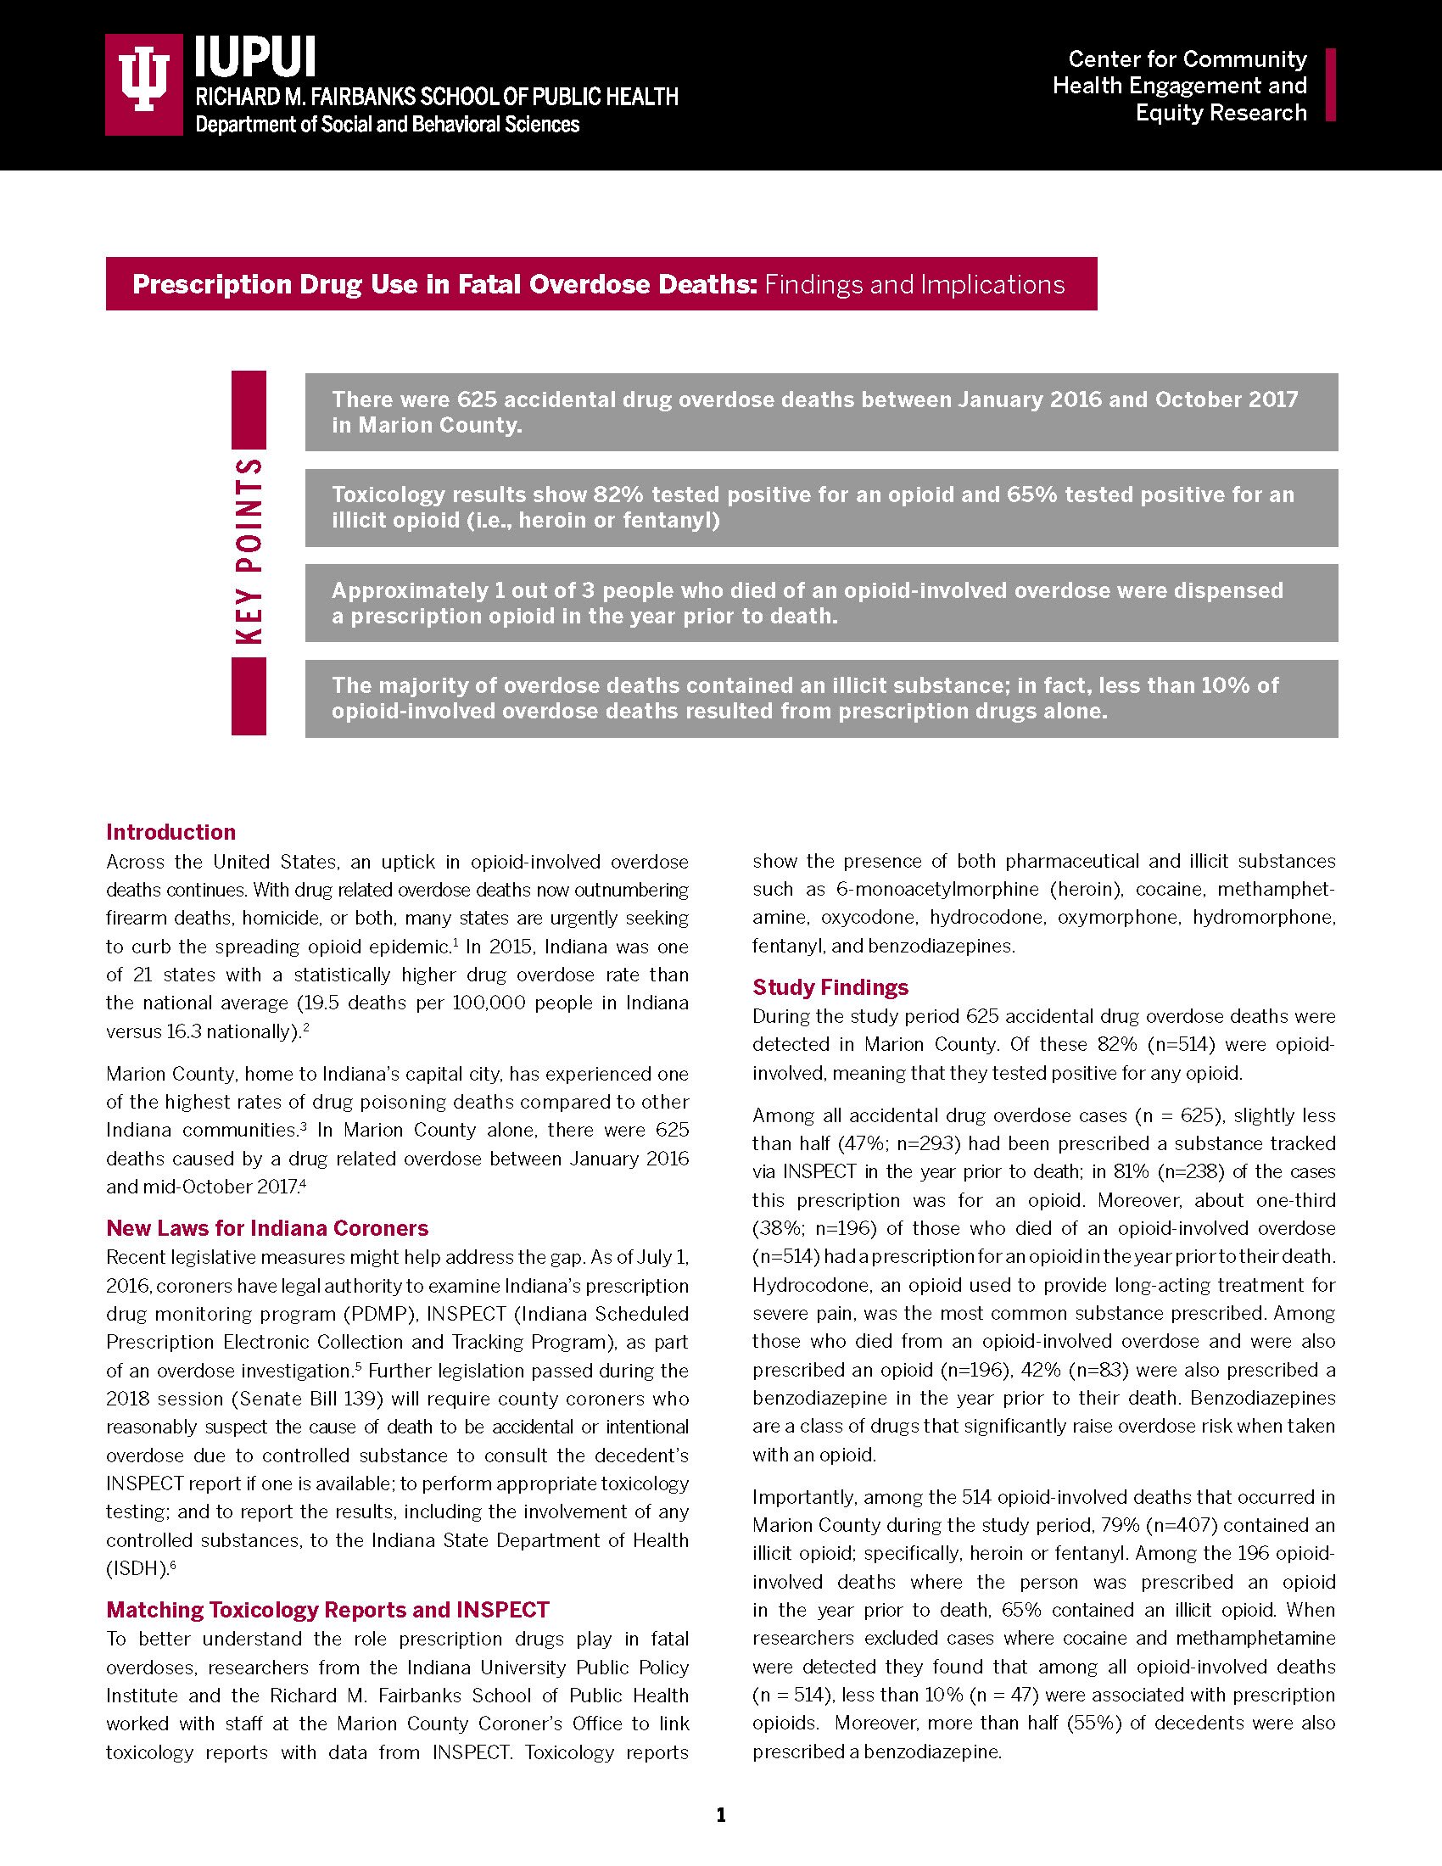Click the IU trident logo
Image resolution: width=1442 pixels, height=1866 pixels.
click(143, 85)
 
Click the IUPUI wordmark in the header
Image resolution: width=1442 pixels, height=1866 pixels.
click(255, 58)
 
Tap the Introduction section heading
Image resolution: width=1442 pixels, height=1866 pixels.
click(170, 832)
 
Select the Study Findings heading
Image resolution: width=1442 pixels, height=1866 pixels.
click(830, 987)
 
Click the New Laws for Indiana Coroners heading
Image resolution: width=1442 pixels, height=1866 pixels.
click(266, 1229)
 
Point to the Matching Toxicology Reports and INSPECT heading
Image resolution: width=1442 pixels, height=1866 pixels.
click(327, 1611)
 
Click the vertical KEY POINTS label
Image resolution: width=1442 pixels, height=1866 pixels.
click(249, 553)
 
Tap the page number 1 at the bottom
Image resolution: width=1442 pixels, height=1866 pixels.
click(721, 1815)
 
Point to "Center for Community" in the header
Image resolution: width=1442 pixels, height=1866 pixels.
click(1187, 59)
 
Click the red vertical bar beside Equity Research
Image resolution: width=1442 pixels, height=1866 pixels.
click(1330, 85)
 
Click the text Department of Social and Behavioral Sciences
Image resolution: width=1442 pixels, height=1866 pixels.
click(387, 125)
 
